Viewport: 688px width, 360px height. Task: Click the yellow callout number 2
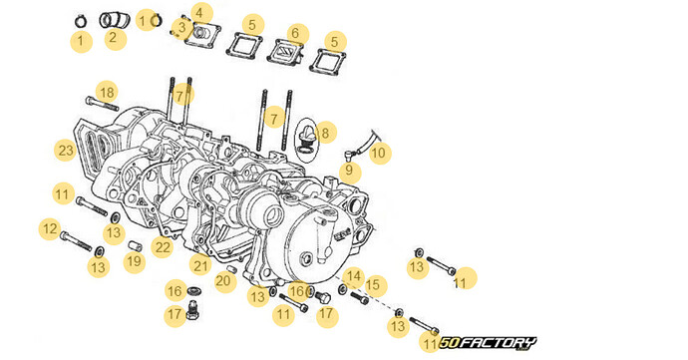click(112, 39)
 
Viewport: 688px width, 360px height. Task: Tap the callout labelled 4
click(202, 13)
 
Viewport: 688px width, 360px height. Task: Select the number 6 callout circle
click(294, 34)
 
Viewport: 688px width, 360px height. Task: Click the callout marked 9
click(348, 171)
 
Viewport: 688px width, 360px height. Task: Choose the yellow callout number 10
click(378, 154)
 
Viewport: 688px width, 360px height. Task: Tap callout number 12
click(49, 228)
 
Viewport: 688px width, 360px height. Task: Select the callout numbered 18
click(107, 93)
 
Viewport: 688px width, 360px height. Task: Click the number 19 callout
click(134, 261)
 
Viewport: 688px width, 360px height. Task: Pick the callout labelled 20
click(223, 281)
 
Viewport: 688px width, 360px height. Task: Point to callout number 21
click(200, 265)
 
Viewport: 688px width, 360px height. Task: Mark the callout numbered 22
click(163, 246)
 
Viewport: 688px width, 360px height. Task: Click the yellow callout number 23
click(66, 151)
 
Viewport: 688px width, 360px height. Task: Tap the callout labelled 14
click(352, 276)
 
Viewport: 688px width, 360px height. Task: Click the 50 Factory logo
click(489, 342)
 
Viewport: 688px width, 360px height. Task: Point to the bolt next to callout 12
click(76, 239)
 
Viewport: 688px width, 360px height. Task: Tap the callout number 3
click(181, 25)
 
